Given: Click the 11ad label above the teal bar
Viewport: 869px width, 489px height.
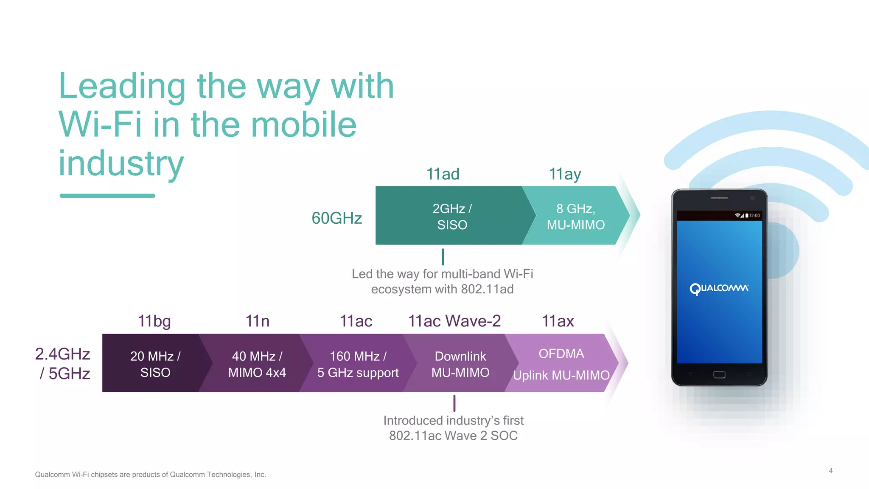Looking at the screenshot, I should (443, 174).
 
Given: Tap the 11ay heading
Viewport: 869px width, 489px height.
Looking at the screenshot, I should (565, 174).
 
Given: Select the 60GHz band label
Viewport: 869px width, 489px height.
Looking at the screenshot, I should (336, 218).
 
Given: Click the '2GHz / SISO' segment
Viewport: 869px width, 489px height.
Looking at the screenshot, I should (452, 216).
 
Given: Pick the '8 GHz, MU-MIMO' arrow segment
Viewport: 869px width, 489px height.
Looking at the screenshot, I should (576, 216).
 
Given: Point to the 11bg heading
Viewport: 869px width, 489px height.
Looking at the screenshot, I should (154, 321).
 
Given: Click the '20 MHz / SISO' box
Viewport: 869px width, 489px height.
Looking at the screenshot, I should (155, 364).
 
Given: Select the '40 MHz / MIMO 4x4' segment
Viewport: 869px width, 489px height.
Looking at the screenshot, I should (257, 364).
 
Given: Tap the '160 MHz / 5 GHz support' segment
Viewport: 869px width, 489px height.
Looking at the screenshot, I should (358, 364).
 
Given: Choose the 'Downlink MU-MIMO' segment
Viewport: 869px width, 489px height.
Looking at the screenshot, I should (460, 364).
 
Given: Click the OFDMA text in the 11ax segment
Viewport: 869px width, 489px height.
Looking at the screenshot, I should (561, 354).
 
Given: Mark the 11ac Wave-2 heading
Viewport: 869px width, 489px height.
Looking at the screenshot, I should (454, 321).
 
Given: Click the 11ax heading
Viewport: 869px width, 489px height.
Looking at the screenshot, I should (558, 321).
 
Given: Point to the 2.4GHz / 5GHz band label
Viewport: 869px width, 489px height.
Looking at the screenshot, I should (63, 364).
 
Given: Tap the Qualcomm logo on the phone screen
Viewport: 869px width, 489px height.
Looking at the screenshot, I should (719, 289).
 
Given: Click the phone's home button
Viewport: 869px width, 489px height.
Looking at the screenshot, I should (719, 374).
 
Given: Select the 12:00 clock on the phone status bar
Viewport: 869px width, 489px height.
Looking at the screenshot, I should (754, 216).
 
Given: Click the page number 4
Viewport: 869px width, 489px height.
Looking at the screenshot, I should (830, 471).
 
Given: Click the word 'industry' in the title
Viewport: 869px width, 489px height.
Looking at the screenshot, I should (121, 163).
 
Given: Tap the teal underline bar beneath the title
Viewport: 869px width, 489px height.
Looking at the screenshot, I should (107, 196).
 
